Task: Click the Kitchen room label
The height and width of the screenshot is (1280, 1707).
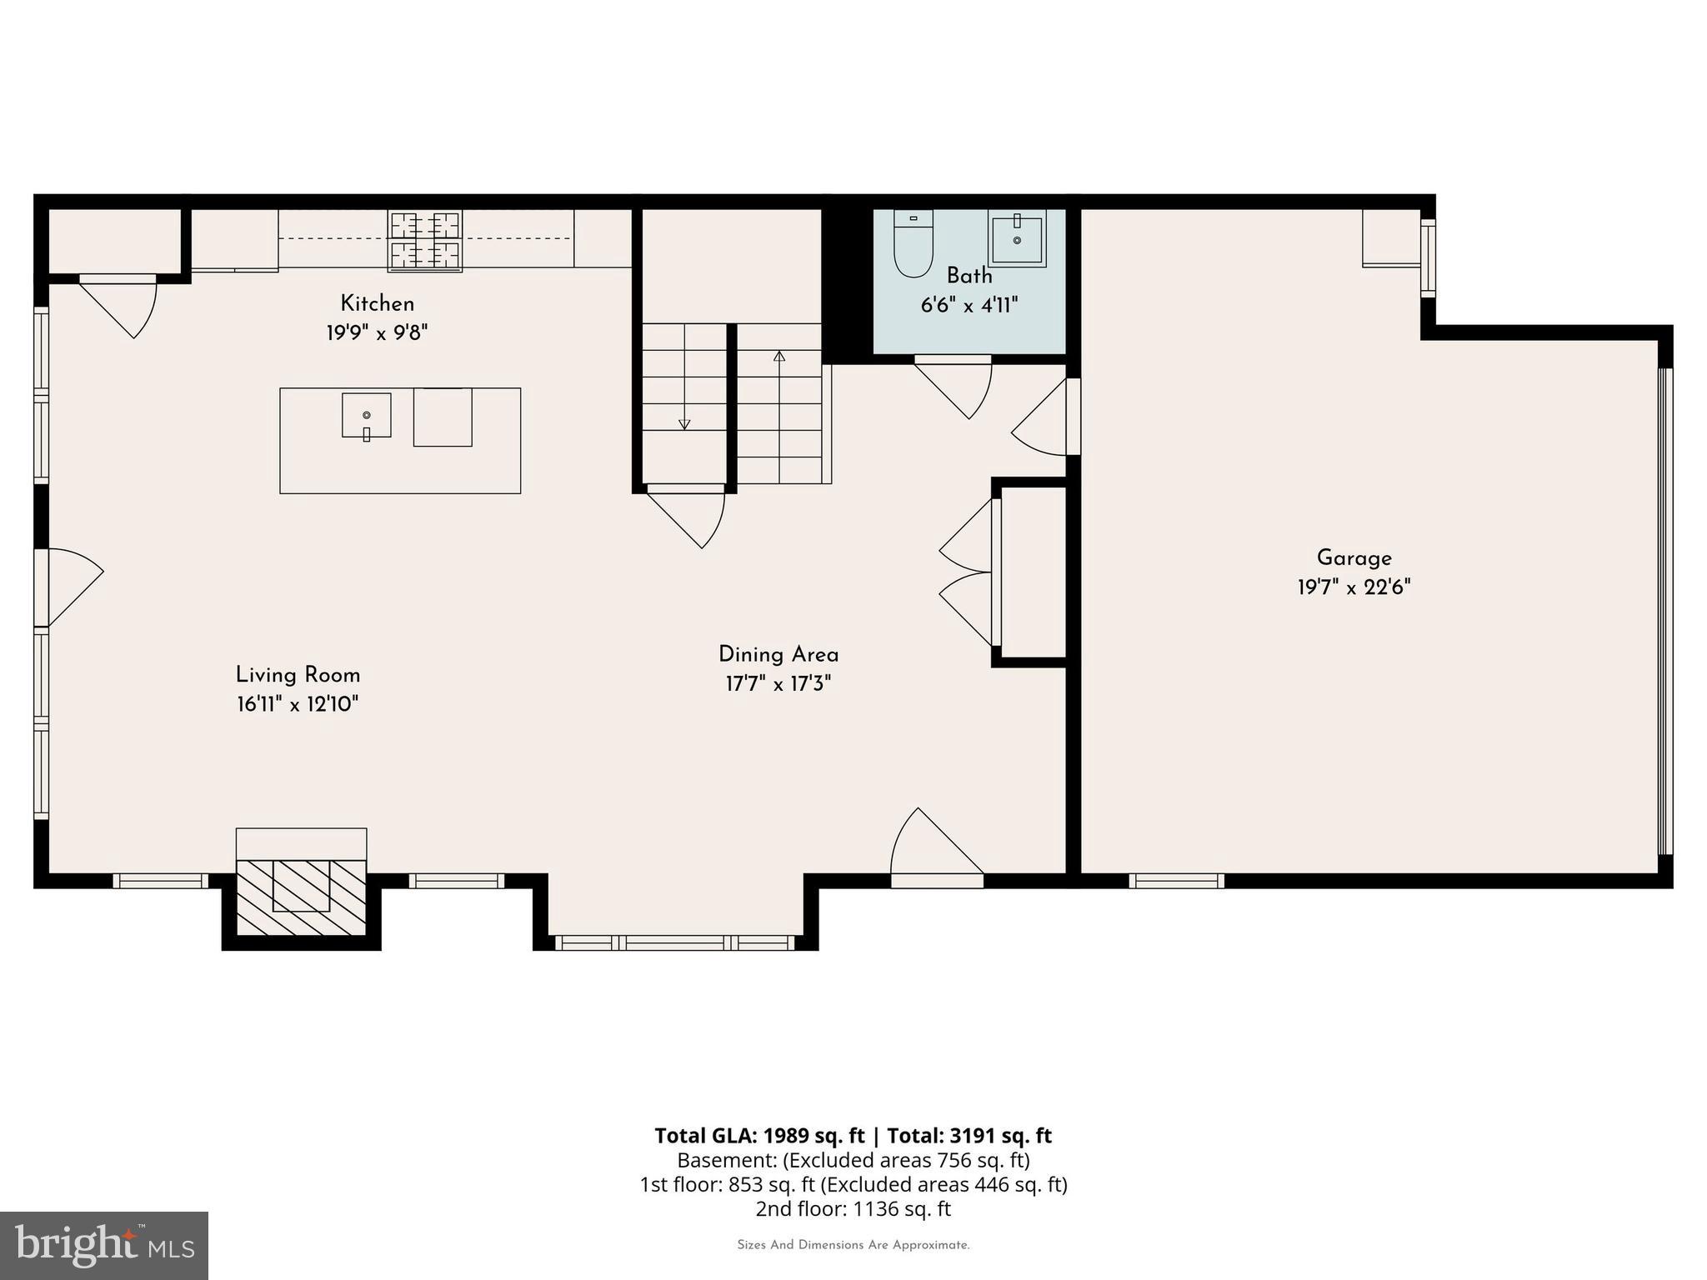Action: pos(377,303)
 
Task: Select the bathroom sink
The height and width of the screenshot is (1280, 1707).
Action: pos(1017,238)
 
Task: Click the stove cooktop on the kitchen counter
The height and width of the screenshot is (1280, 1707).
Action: pos(425,240)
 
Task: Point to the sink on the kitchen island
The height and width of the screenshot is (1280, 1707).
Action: pos(366,415)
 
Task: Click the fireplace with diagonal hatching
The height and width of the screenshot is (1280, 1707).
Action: pos(301,895)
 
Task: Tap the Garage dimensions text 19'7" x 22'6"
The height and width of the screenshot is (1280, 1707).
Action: pos(1354,587)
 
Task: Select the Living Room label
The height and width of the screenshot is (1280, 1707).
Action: pos(298,675)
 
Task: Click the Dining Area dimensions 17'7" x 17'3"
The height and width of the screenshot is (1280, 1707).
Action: pos(778,684)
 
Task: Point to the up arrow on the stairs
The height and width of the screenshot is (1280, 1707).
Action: pos(779,357)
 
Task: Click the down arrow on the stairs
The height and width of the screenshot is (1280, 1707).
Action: pos(684,422)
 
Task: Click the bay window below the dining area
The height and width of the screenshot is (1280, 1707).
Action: pos(675,942)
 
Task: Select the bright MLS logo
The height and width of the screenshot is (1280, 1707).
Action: pos(104,1245)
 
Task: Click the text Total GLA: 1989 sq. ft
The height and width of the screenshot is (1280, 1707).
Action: pos(759,1136)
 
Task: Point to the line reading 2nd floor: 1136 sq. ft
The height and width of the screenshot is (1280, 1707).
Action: pos(853,1208)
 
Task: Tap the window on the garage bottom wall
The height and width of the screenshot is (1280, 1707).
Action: pos(1176,881)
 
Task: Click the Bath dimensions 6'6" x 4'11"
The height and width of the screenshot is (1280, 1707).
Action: pos(969,306)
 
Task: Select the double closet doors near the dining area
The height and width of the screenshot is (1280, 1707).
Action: pos(967,572)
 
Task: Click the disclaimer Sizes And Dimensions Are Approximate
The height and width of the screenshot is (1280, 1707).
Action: pos(853,1245)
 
